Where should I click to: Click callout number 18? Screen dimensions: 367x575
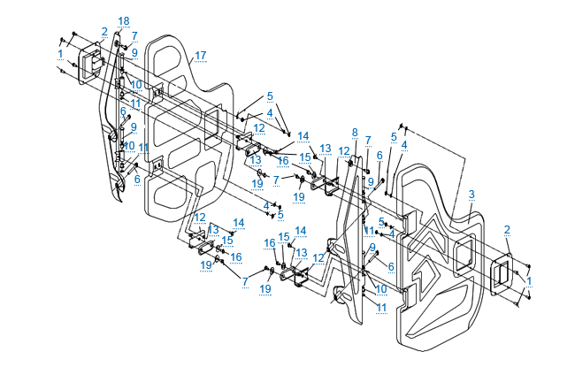pos(123,20)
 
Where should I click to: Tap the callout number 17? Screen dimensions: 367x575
pos(201,56)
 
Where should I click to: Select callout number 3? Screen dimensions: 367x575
pos(471,194)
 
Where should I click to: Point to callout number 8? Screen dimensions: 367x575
pos(354,132)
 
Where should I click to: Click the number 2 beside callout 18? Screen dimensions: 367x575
pos(104,32)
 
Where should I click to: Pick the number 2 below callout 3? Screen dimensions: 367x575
pos(506,230)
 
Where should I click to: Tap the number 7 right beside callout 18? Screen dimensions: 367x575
pos(134,35)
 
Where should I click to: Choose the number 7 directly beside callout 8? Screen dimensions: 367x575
pos(367,140)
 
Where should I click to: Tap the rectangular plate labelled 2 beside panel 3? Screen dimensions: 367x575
pos(501,274)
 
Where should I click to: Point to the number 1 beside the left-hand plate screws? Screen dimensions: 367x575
pos(60,54)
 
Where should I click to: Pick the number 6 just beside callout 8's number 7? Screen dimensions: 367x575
pos(379,155)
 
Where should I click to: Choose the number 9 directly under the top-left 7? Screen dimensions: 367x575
pos(134,53)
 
